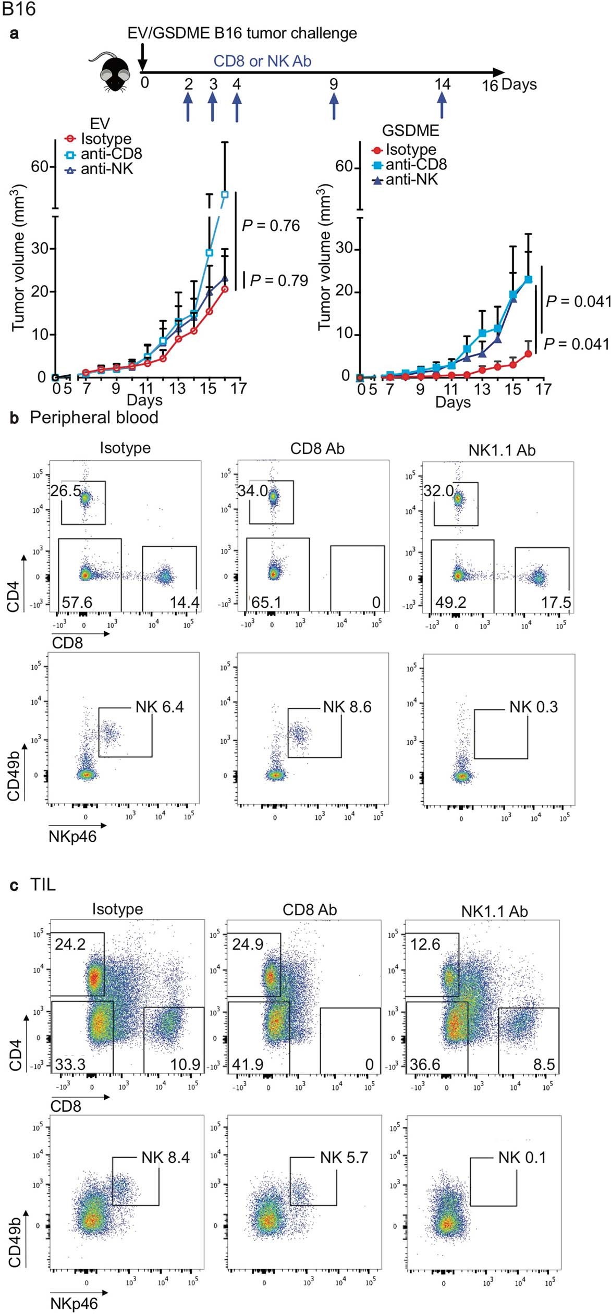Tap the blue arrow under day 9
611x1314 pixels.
tap(334, 106)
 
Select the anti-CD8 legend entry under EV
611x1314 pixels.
tap(104, 154)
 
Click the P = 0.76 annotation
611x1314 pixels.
tap(271, 226)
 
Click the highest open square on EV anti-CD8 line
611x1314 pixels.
tap(225, 194)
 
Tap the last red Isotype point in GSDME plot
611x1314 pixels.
tap(528, 353)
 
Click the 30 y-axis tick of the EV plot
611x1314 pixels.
tap(40, 248)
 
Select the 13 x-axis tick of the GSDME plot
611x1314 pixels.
tap(482, 389)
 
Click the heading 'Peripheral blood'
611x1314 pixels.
tap(94, 417)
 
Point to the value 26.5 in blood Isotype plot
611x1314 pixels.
tap(66, 491)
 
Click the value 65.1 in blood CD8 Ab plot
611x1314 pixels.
tap(266, 603)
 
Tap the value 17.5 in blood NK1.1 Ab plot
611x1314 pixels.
tap(556, 603)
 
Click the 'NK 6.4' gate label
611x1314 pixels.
tap(160, 707)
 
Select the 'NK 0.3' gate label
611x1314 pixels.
tap(533, 707)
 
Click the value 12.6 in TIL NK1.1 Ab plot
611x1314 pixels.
tap(425, 944)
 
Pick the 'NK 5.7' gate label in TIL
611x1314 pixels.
tap(344, 1157)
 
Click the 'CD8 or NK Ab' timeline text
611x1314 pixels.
tap(262, 61)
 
